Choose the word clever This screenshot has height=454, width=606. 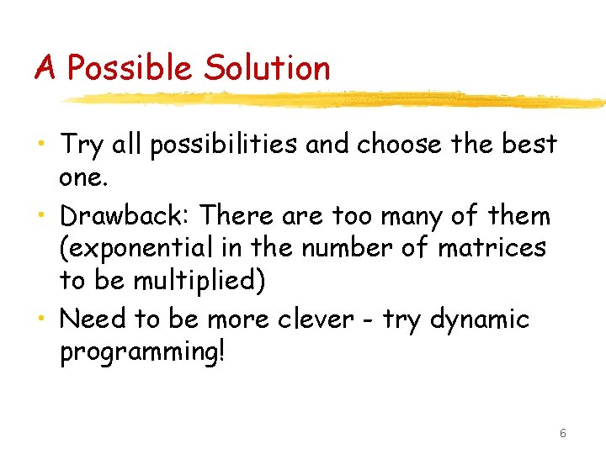322,319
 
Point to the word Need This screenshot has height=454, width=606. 91,319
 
